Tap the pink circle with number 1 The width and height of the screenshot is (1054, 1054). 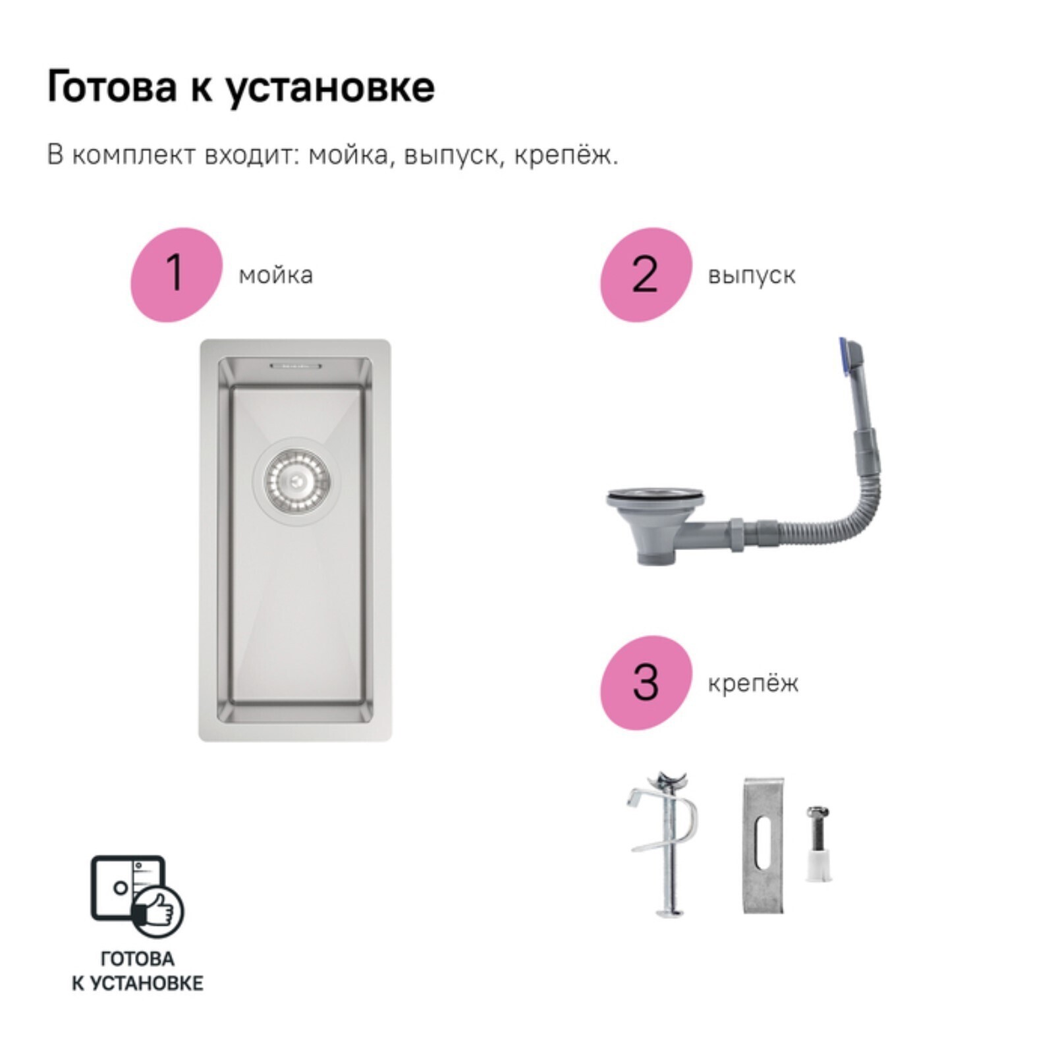pos(176,274)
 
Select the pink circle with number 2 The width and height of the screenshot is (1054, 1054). pos(646,274)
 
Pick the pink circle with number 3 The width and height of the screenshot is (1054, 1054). pos(646,682)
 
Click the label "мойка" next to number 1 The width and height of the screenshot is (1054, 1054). pos(275,275)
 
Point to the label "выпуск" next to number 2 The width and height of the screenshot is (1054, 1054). pos(752,275)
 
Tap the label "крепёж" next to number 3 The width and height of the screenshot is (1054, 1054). pos(753,683)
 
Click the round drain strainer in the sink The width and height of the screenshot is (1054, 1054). pos(296,482)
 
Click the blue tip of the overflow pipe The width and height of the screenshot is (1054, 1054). pos(844,359)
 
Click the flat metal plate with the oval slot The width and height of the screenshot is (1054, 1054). pos(763,845)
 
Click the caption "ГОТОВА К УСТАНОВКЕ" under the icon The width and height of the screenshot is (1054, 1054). pos(137,971)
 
